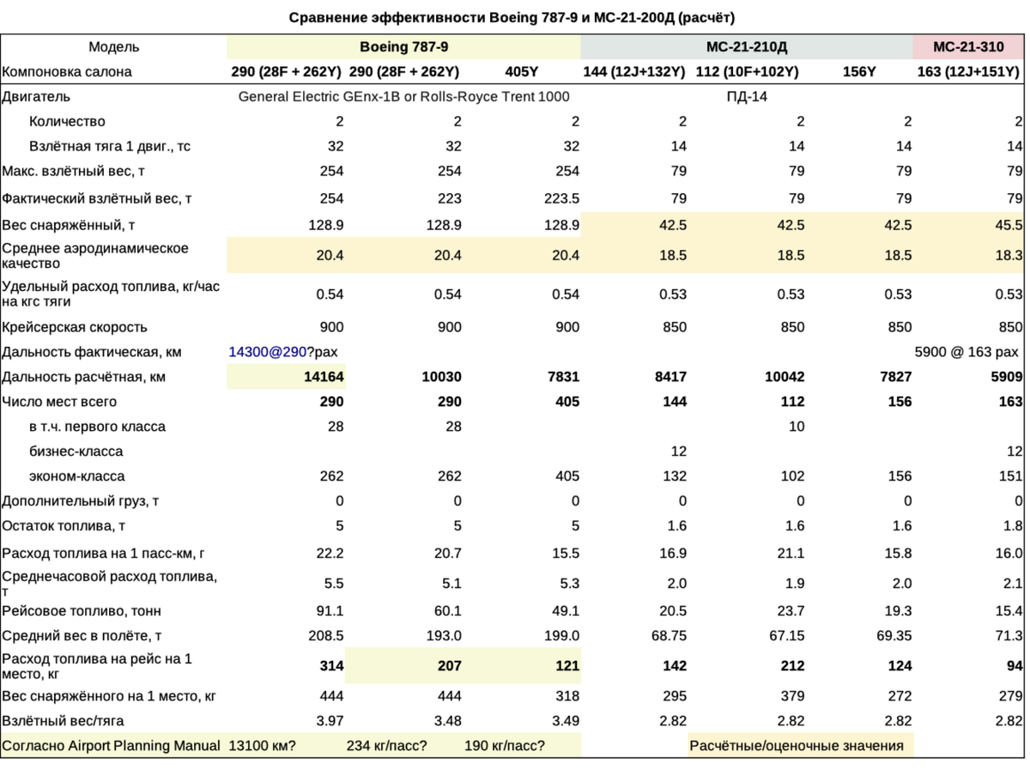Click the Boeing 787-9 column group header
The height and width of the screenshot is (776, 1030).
tap(403, 47)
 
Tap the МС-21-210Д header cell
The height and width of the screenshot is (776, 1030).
tap(746, 47)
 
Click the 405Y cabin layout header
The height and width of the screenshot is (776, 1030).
tap(522, 72)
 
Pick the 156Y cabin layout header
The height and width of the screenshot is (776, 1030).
tap(859, 72)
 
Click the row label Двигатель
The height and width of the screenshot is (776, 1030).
tap(36, 97)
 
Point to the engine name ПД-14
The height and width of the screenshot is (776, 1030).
tap(746, 97)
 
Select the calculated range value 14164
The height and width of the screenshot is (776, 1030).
tap(324, 377)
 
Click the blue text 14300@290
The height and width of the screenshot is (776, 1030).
tap(267, 352)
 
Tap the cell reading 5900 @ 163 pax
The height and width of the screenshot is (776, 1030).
tap(967, 352)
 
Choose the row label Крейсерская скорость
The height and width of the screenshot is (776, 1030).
tap(75, 327)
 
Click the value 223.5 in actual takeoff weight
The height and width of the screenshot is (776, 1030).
tap(561, 198)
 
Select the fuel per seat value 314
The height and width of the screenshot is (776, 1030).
tap(330, 665)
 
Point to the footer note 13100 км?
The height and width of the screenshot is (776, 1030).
tap(262, 746)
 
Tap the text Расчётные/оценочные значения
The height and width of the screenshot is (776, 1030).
tap(797, 746)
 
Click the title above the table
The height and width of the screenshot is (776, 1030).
tap(512, 17)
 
